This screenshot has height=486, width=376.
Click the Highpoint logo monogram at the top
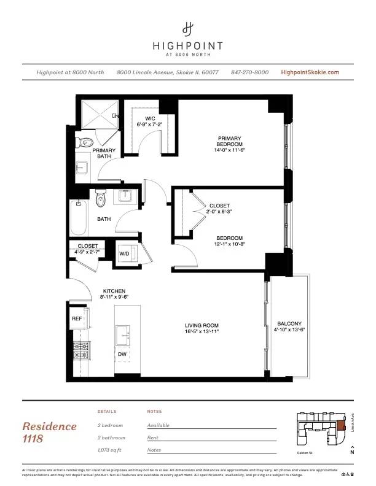pos(188,29)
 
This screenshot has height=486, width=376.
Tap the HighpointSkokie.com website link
pos(310,72)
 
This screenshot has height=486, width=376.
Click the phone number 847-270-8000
pos(249,72)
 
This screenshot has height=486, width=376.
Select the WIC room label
pos(149,118)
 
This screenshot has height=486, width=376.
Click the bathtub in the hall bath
pos(79,218)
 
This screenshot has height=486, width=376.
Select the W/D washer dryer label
pos(124,253)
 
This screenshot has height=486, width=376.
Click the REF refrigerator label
pos(77,319)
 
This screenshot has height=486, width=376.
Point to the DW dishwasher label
pos(122,354)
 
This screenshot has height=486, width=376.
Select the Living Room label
pos(202,326)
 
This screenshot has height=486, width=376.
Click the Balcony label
pos(289,324)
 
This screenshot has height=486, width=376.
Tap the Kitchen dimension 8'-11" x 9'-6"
pos(114,297)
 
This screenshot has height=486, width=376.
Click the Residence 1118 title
pos(50,432)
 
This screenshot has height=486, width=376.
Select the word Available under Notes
pos(159,425)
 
